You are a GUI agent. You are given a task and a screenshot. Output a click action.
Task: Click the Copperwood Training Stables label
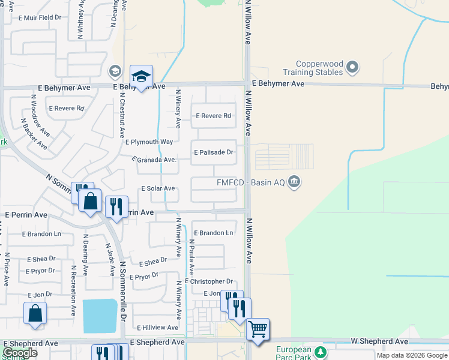coord(319,68)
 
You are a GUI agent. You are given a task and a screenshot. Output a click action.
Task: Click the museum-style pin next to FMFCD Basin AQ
coord(294,181)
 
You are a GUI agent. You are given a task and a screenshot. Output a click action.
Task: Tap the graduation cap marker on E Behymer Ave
coord(141,77)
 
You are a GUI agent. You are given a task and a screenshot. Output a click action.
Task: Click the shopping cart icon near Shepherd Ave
coord(258,328)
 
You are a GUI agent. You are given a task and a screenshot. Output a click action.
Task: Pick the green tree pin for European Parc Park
coord(321,352)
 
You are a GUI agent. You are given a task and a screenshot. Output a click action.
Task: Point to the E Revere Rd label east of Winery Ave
coord(213,116)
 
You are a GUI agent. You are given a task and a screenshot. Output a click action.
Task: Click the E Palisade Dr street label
coord(213,152)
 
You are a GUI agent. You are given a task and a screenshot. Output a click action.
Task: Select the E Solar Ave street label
coord(158,188)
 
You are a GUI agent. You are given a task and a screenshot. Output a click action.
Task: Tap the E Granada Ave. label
coord(155,160)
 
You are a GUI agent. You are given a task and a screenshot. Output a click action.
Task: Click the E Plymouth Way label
coord(149,142)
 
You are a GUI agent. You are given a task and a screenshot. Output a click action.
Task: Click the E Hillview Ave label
coord(157,328)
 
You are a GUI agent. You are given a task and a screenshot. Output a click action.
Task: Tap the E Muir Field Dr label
coord(40,17)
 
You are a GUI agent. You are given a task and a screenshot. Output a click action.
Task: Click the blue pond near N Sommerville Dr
coord(100,316)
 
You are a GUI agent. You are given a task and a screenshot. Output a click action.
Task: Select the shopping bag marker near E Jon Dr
coord(35,313)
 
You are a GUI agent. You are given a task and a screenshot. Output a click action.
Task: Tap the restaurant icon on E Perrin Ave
coord(116,206)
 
